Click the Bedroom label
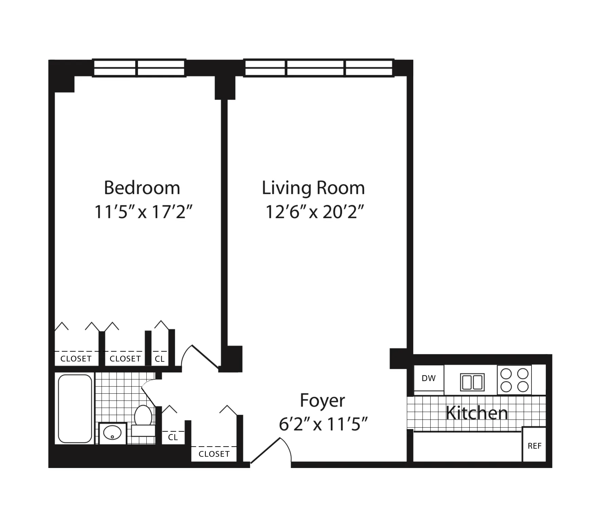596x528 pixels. (x=142, y=188)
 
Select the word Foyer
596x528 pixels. (x=322, y=400)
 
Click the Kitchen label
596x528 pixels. (x=476, y=413)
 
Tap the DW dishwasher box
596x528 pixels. (x=429, y=378)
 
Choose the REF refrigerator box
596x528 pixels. (x=534, y=446)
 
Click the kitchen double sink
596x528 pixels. (x=472, y=382)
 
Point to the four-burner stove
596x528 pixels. (x=514, y=380)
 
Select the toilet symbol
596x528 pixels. (x=143, y=416)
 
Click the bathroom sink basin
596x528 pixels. (x=112, y=433)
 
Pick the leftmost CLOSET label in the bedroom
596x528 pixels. (x=76, y=359)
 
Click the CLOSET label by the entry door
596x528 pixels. (x=214, y=454)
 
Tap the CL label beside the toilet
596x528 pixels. (x=173, y=437)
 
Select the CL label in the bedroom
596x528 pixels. (x=160, y=359)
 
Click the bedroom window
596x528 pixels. (x=139, y=68)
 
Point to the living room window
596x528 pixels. (x=319, y=68)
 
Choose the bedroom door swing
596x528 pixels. (x=200, y=358)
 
